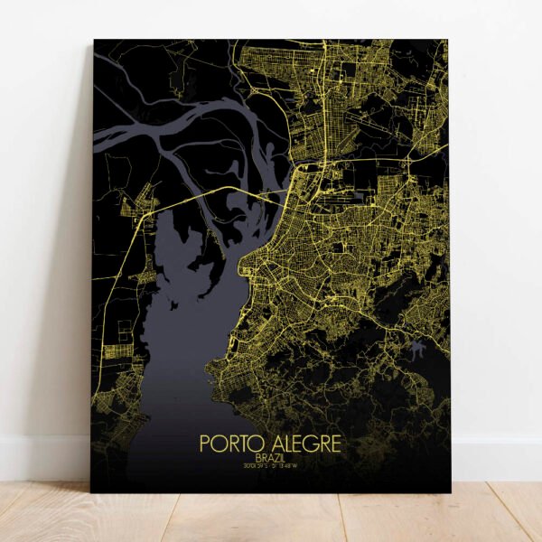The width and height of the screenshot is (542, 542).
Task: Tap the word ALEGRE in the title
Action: pos(304,444)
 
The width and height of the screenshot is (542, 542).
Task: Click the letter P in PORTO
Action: pos(204,444)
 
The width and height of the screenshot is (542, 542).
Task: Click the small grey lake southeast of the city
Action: pos(416,346)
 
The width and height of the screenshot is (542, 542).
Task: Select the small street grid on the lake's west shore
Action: pos(117,353)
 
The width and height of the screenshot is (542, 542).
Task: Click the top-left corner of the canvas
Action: pos(95,41)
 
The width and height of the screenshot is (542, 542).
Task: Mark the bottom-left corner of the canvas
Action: pos(91,491)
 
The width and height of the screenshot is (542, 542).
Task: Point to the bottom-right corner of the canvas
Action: pos(451,491)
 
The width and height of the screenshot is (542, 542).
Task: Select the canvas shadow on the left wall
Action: pos(77,271)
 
